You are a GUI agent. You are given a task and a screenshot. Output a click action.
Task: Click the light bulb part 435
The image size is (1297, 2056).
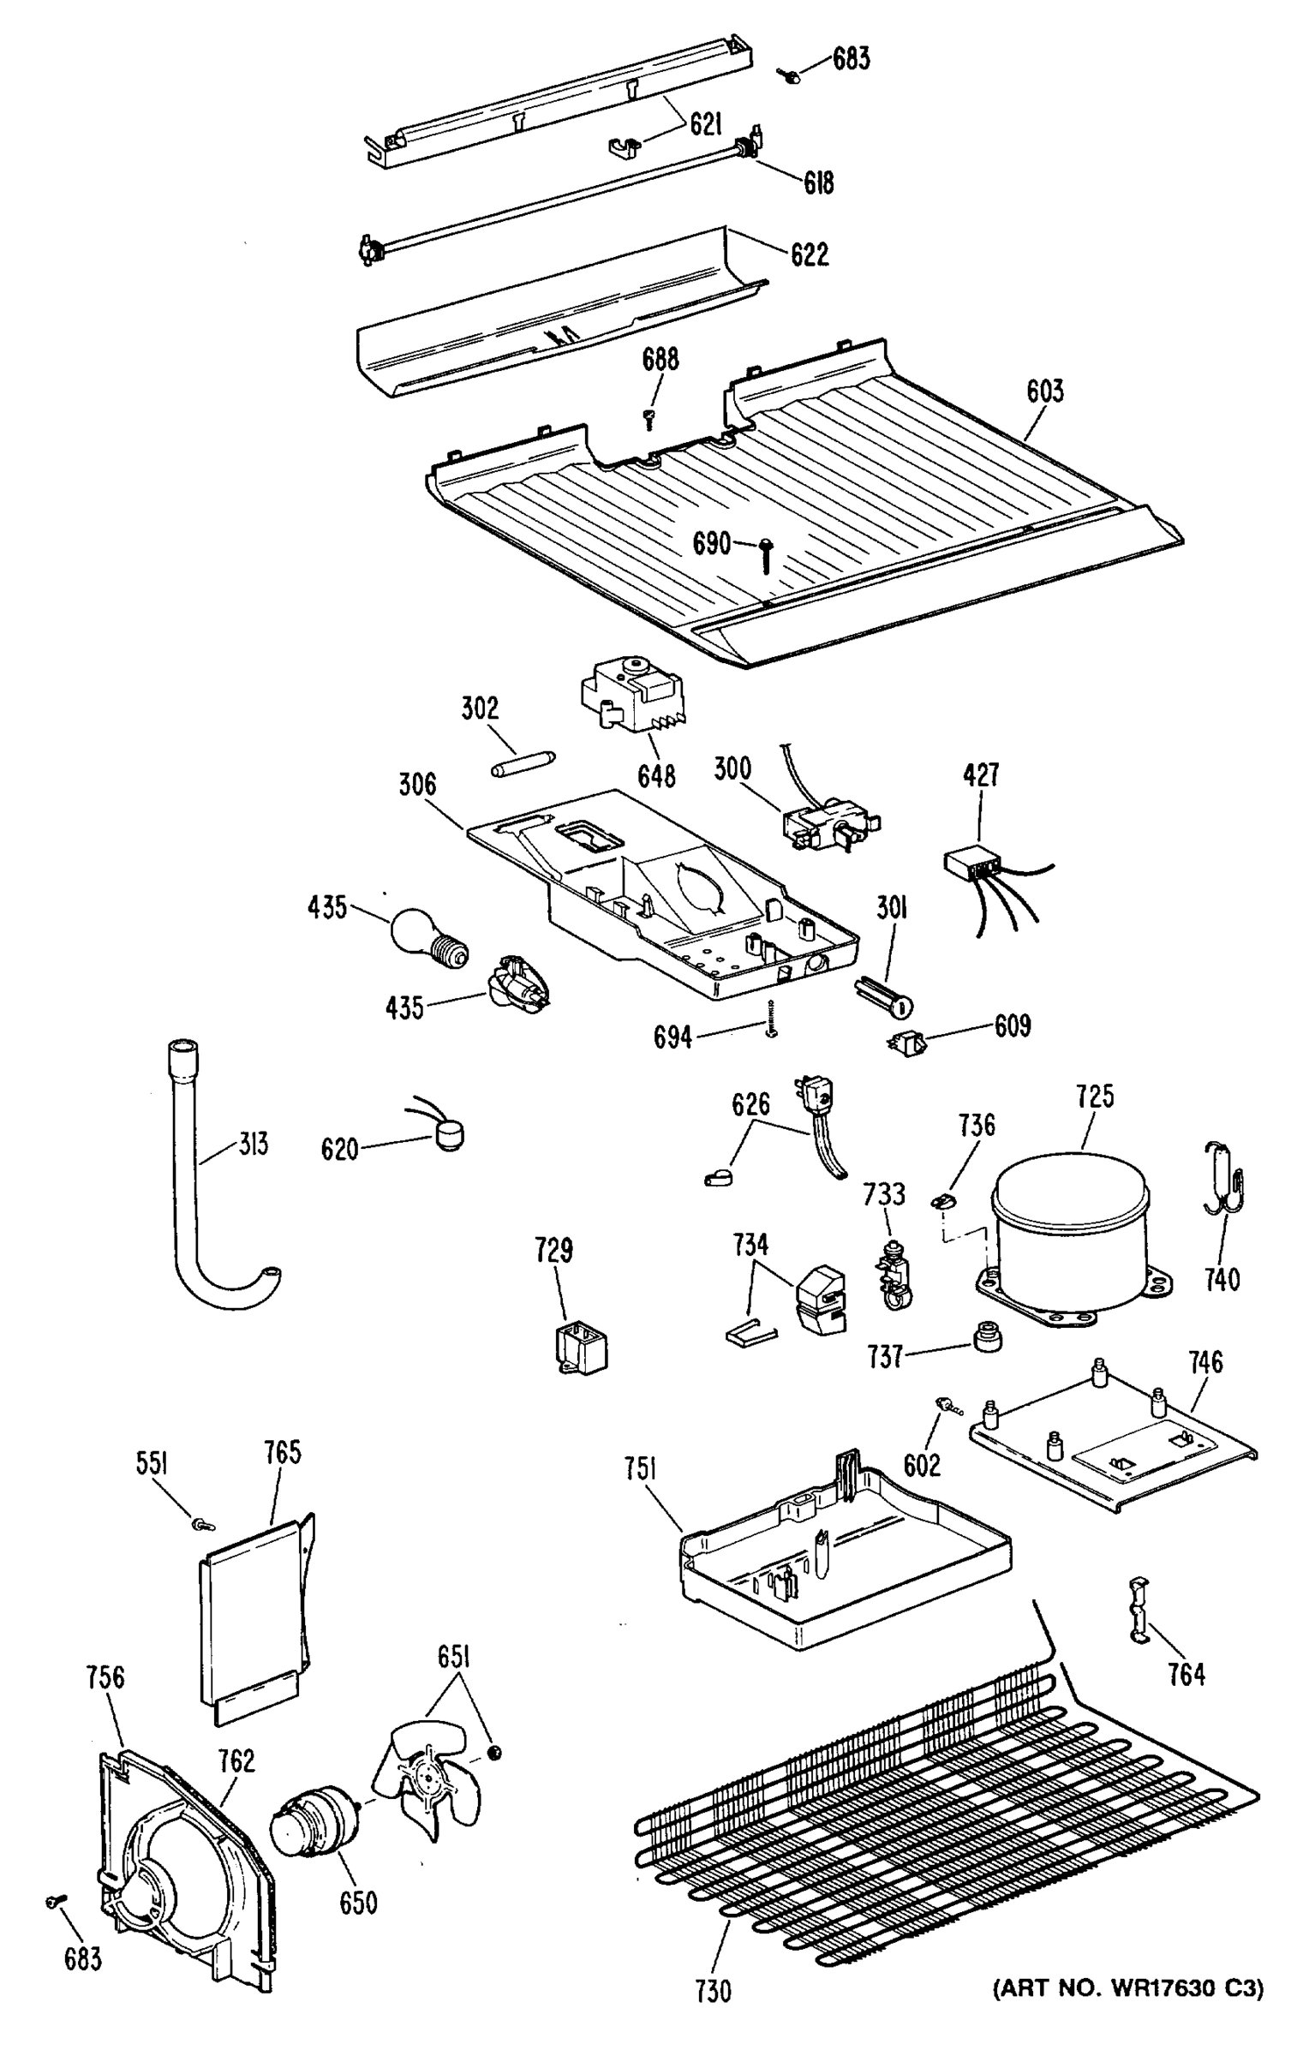click(x=427, y=939)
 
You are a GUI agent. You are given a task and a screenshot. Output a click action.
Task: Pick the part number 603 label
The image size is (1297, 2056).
click(x=1044, y=391)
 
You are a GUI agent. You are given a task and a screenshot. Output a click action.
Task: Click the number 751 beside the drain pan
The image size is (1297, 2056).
click(x=640, y=1468)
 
